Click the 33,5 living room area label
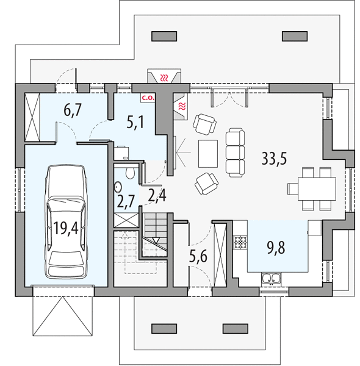tap(274, 158)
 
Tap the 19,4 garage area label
tap(66, 228)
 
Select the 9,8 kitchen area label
tap(276, 248)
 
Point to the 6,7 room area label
tap(73, 110)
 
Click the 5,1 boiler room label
tap(135, 122)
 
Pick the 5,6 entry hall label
tap(198, 257)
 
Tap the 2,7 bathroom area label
tap(126, 201)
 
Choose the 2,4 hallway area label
tap(157, 195)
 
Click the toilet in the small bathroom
tap(130, 173)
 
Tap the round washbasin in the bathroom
tap(118, 187)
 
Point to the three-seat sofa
tap(235, 152)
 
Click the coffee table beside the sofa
tap(208, 154)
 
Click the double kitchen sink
tap(271, 278)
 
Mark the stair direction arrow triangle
tap(156, 240)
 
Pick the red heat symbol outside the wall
tap(165, 77)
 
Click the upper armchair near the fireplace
tap(204, 124)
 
